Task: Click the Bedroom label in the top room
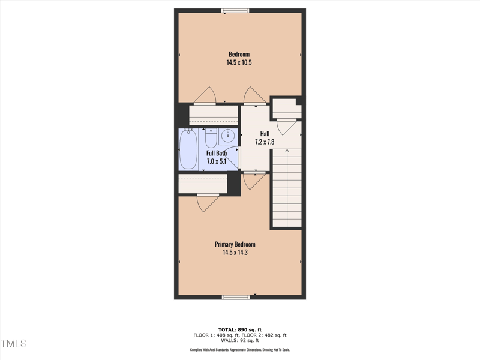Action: [x=239, y=55]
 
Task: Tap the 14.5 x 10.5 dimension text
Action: [x=239, y=62]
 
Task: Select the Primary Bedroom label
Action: [x=235, y=244]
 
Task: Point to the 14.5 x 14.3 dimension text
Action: [x=235, y=253]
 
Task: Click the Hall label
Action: [x=265, y=134]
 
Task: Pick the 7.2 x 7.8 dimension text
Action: [x=265, y=142]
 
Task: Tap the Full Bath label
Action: [x=217, y=153]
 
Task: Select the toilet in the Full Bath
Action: [x=211, y=138]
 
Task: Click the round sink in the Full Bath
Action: [x=228, y=137]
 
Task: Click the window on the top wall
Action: [x=235, y=10]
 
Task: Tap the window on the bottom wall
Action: [x=235, y=297]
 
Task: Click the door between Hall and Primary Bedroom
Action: [x=254, y=180]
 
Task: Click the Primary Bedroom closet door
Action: [x=208, y=202]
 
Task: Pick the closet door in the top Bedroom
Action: [x=205, y=96]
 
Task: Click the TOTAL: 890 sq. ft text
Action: [x=239, y=329]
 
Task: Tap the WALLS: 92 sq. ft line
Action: [x=239, y=341]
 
